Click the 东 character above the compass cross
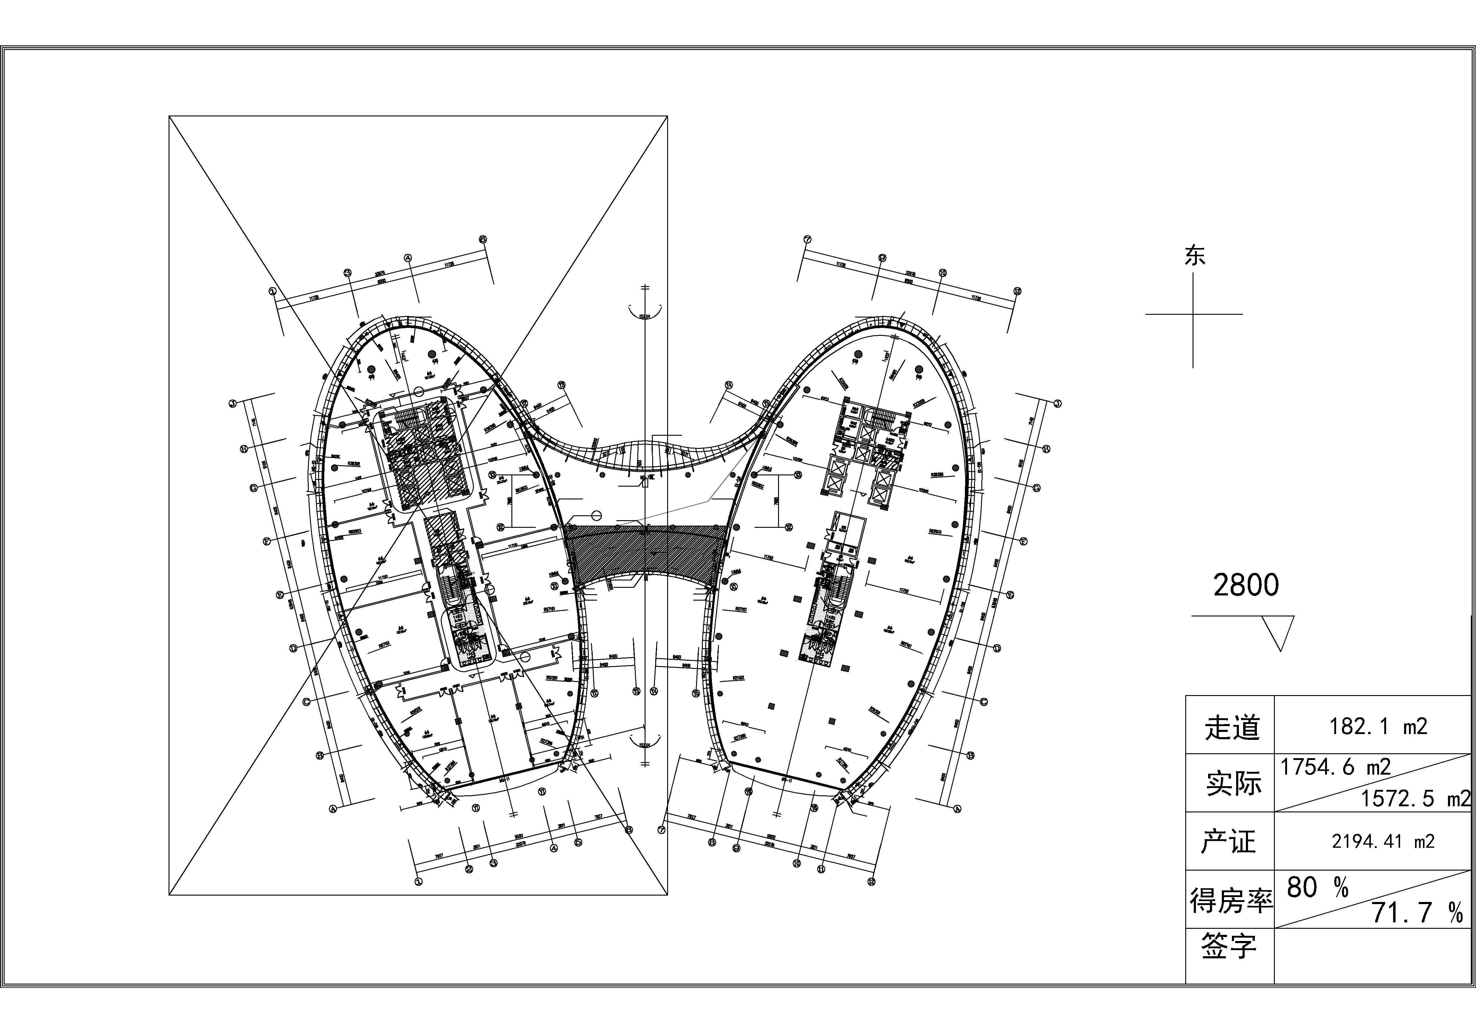click(x=1194, y=256)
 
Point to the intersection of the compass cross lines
click(x=1193, y=314)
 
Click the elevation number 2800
click(x=1246, y=585)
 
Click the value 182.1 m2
click(x=1378, y=726)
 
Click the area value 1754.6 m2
click(x=1335, y=767)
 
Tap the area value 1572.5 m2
click(x=1414, y=798)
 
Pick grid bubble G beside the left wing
click(x=253, y=488)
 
